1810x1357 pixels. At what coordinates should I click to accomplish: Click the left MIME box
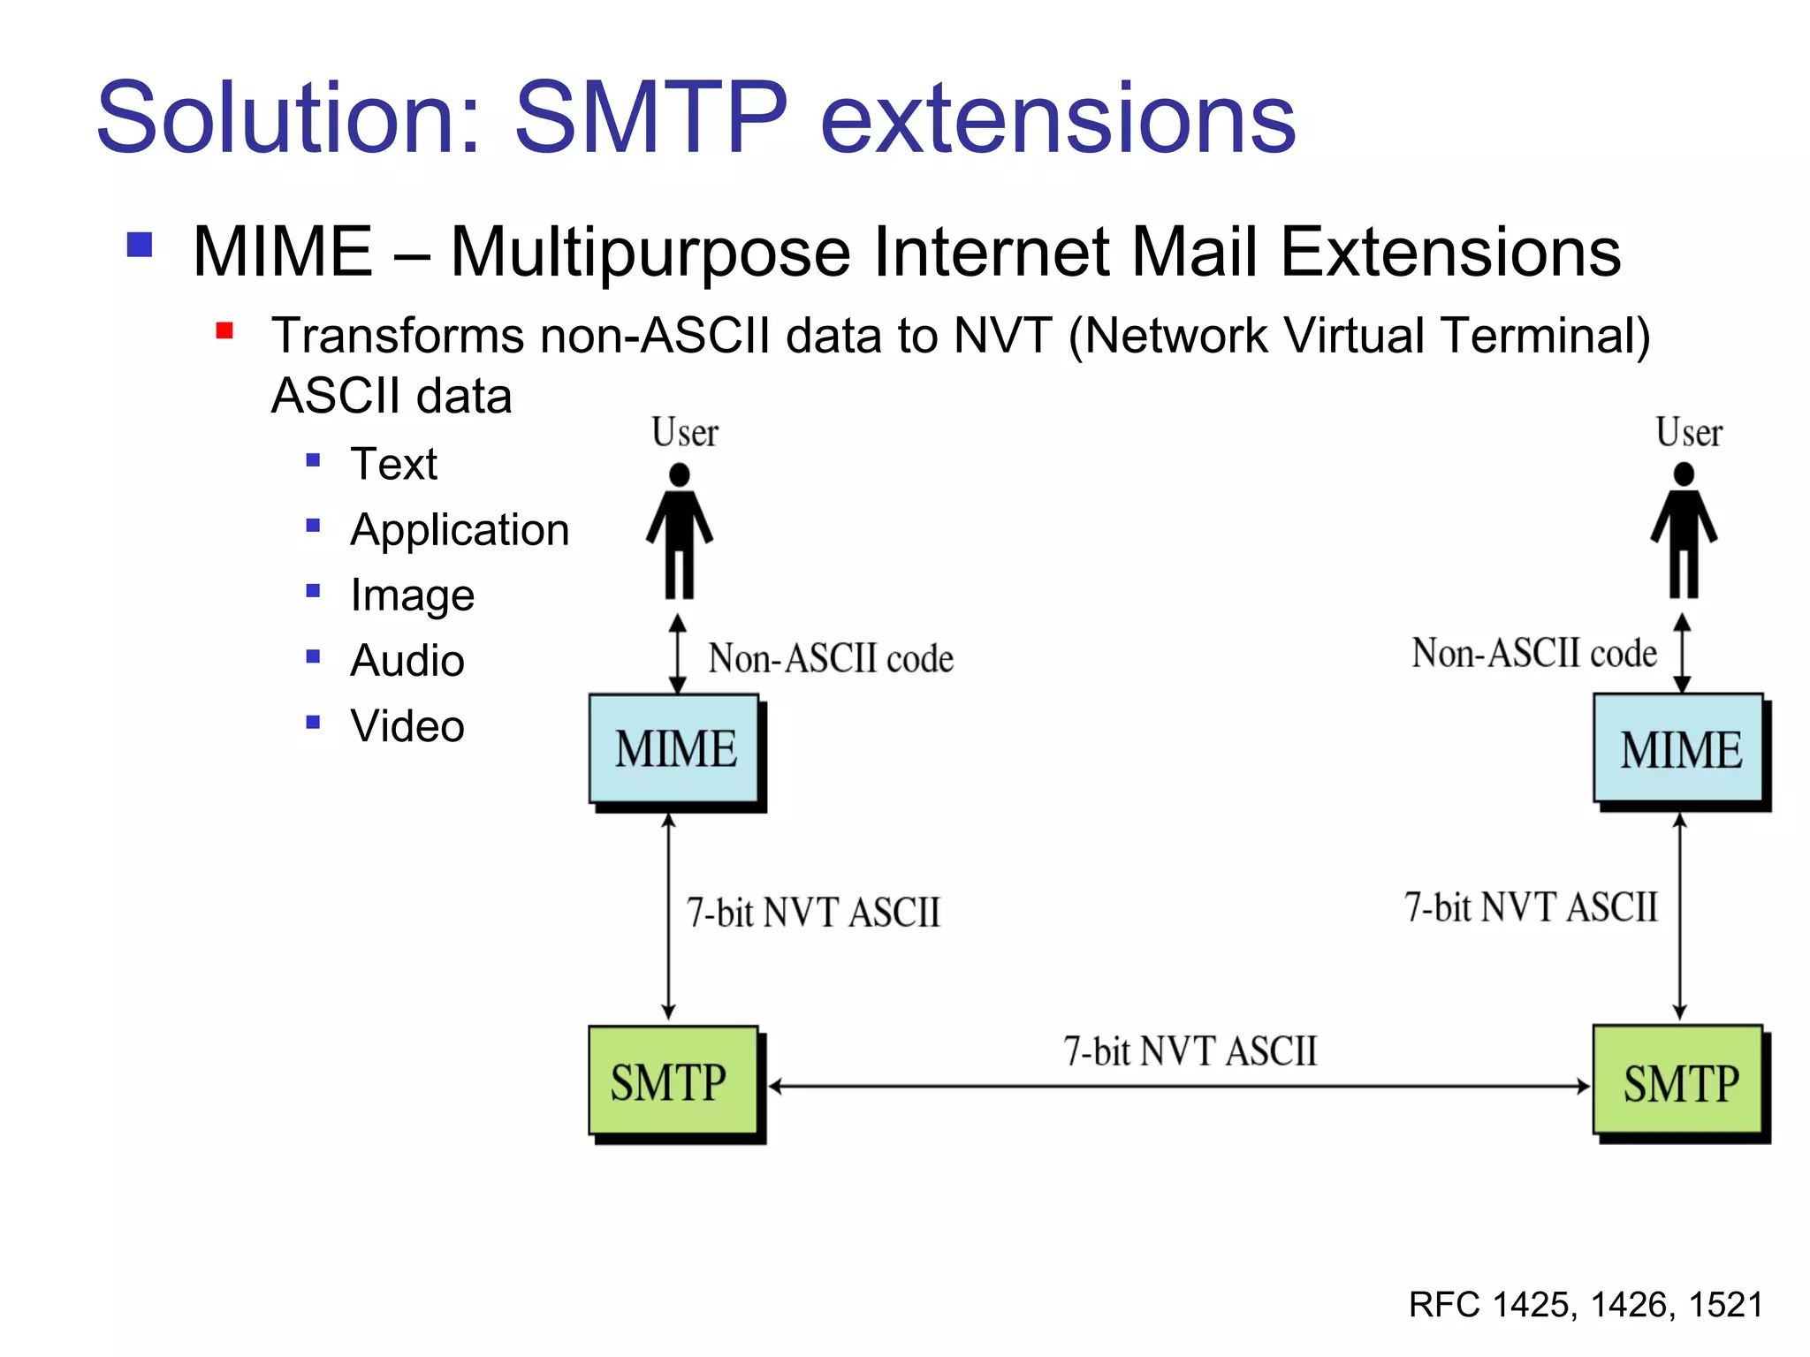(675, 749)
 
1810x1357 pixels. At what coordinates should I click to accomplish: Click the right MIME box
(1679, 749)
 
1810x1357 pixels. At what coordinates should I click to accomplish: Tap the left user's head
(679, 475)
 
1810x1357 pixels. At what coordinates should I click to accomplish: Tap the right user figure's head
(1684, 474)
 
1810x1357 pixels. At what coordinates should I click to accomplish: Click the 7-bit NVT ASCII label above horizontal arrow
(1190, 1051)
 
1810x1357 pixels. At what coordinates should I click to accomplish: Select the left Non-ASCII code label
(831, 659)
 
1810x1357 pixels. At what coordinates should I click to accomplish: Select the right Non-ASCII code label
(1534, 654)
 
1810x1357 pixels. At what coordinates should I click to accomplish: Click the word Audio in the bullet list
(407, 661)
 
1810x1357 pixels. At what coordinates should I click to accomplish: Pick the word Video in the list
(407, 726)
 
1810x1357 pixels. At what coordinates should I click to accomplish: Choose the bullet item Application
(460, 530)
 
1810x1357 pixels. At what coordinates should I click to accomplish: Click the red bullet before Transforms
(224, 331)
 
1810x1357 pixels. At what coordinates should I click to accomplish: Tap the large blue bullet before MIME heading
(140, 245)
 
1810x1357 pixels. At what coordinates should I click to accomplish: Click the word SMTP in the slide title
(650, 118)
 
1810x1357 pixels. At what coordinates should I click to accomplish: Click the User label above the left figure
(685, 433)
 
